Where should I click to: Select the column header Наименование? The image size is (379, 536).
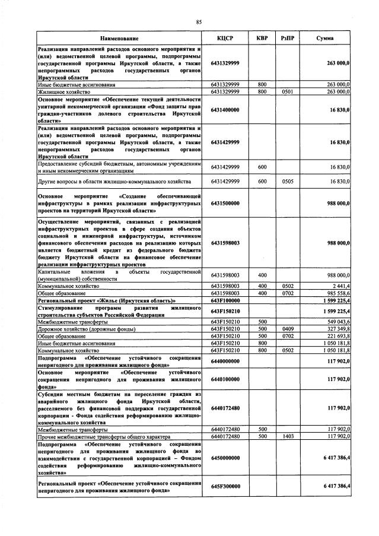click(119, 39)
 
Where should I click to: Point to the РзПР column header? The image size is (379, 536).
click(288, 39)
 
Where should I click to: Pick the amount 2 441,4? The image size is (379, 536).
click(341, 286)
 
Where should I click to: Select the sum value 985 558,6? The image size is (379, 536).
click(337, 293)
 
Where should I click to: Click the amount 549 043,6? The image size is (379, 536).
click(337, 322)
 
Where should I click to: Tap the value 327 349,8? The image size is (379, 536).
click(337, 329)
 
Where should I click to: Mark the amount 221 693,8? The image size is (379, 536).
click(337, 336)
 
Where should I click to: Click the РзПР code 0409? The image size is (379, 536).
click(288, 329)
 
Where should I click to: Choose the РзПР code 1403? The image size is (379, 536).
click(288, 436)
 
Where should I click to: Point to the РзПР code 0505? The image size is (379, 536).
click(288, 181)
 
